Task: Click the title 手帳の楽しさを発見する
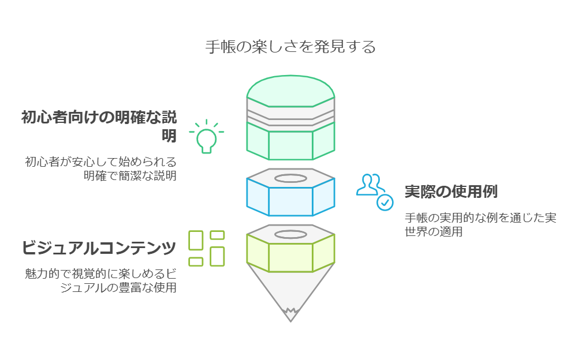(290, 47)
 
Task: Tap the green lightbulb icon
(206, 136)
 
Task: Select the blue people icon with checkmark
(375, 192)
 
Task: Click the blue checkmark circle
(385, 202)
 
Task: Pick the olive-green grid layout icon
(206, 249)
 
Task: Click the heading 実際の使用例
(451, 192)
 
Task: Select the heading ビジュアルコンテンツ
(99, 247)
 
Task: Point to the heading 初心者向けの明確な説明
(99, 126)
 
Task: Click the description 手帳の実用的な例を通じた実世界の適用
(480, 224)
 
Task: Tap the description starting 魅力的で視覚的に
(100, 280)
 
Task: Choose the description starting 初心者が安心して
(100, 168)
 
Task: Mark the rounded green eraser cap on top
(290, 91)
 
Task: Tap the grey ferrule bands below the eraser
(290, 115)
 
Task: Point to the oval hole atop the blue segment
(290, 178)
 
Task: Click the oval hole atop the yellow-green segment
(290, 234)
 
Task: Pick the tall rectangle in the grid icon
(218, 257)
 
